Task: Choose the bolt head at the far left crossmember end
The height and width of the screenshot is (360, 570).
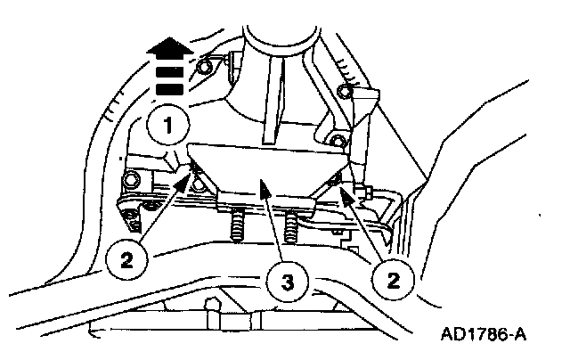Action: pyautogui.click(x=133, y=182)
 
